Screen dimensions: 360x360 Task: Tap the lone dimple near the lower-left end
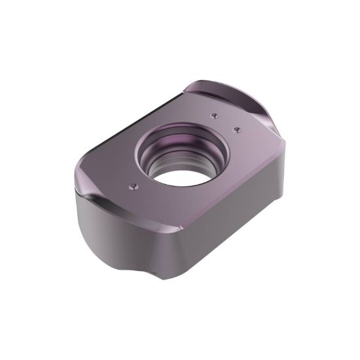tap(134, 187)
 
